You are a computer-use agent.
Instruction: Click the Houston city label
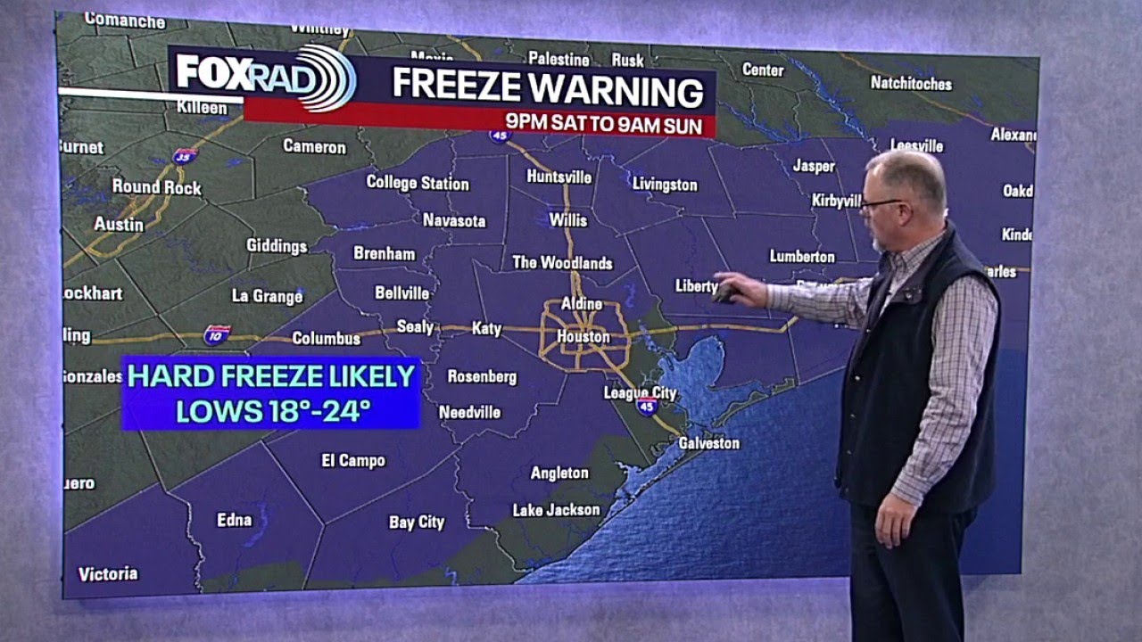[583, 337]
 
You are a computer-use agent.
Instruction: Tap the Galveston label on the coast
[709, 443]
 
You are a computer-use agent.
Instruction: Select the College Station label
[418, 183]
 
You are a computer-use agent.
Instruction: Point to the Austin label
[119, 224]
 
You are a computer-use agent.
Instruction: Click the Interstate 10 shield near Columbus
[217, 334]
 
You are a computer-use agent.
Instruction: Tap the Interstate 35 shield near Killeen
[185, 156]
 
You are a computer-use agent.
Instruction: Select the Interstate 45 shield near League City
[648, 406]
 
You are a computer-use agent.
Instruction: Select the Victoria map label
[108, 574]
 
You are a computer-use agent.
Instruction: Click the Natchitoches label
[911, 84]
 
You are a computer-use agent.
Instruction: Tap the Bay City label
[417, 523]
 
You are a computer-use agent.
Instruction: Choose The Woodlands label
[562, 263]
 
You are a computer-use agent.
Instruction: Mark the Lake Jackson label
[556, 510]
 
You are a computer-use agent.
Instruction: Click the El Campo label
[353, 461]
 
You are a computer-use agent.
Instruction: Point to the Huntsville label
[559, 177]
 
